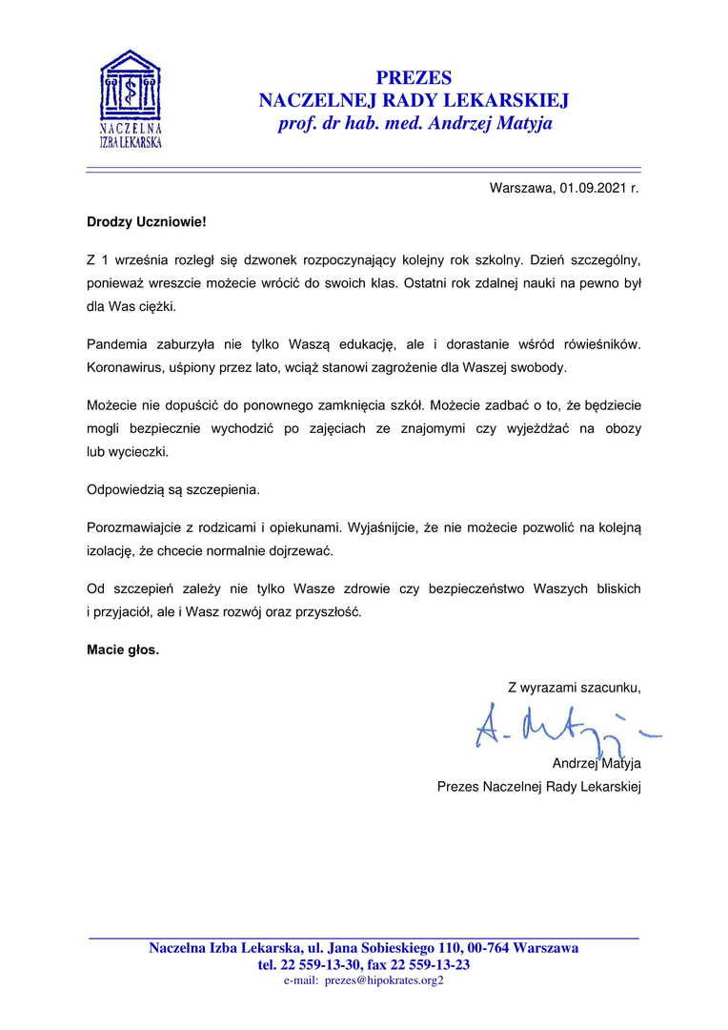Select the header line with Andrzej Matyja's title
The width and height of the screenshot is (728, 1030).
[x=415, y=124]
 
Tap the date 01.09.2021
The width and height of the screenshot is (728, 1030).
[x=593, y=188]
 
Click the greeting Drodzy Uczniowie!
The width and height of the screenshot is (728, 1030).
[x=146, y=221]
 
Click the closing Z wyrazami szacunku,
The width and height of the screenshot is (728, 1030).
[x=574, y=687]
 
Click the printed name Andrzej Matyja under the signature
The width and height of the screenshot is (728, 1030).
[x=597, y=763]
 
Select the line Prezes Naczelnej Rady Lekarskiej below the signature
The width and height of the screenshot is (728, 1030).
[x=538, y=787]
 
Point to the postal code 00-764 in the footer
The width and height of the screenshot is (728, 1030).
[x=488, y=948]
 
